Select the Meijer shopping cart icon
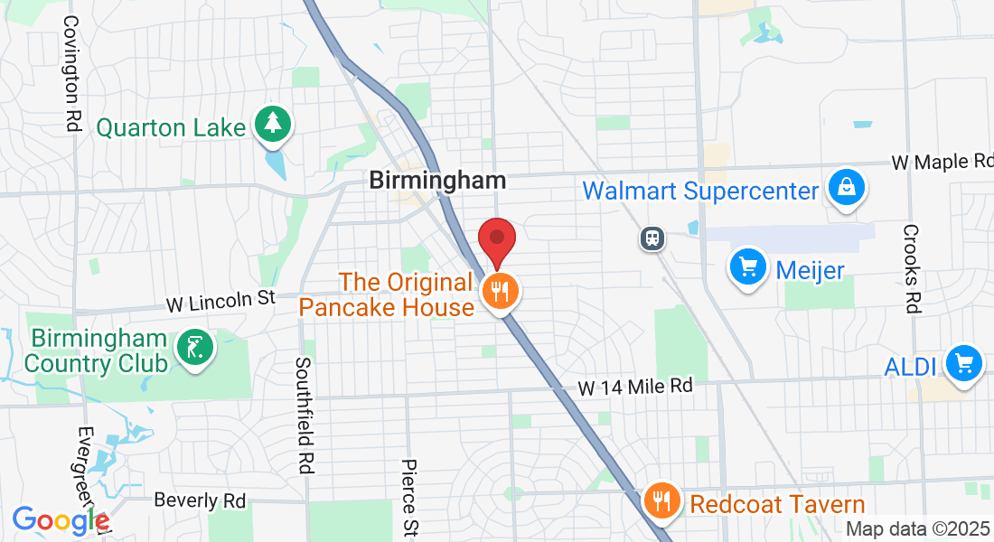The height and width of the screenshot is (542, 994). click(747, 267)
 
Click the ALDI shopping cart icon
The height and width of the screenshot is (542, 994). click(963, 363)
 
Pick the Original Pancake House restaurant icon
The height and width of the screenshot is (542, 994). click(498, 292)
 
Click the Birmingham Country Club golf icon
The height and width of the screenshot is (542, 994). click(195, 349)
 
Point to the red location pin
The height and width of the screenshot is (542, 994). click(496, 240)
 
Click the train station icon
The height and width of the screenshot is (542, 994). click(651, 238)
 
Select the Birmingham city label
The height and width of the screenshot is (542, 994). click(437, 180)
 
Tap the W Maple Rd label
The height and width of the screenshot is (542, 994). click(942, 163)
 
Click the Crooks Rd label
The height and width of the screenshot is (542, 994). click(911, 268)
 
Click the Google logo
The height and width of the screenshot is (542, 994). click(60, 520)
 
